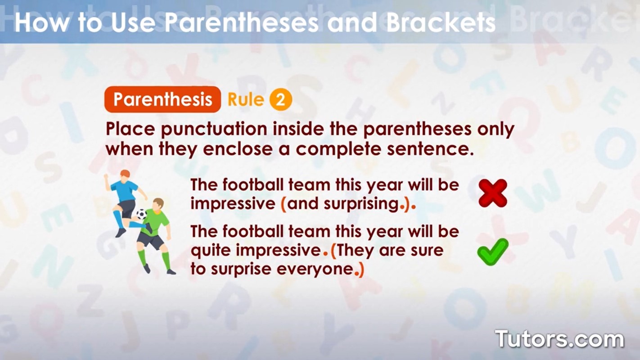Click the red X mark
(x=493, y=193)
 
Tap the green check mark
(x=492, y=252)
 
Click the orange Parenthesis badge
(x=162, y=99)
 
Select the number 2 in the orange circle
(x=280, y=100)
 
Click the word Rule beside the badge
(x=245, y=99)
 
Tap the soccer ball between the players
(x=141, y=214)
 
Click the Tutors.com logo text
(x=559, y=339)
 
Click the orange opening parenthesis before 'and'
(x=284, y=204)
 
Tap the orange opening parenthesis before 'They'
(x=334, y=250)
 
